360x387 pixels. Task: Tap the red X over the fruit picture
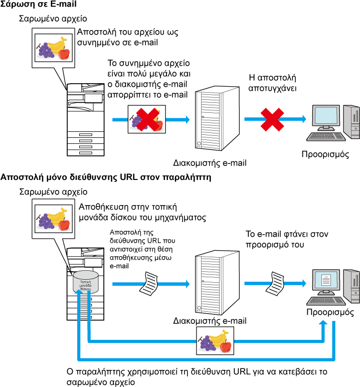[147, 119]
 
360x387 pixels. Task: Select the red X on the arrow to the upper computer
[272, 120]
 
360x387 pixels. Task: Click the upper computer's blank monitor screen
[326, 115]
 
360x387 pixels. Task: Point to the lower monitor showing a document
[326, 280]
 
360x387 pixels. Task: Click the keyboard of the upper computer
[326, 136]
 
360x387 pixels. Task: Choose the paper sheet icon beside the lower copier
[149, 284]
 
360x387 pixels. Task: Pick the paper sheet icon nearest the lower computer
[275, 284]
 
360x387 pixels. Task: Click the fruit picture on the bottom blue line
[215, 341]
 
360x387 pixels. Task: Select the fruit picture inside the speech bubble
[53, 219]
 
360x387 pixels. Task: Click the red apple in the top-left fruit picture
[64, 54]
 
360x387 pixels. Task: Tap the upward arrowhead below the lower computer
[323, 323]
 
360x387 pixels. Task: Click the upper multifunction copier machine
[86, 120]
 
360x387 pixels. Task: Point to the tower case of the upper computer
[351, 121]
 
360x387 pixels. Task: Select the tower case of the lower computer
[351, 286]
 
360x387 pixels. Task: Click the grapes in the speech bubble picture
[46, 221]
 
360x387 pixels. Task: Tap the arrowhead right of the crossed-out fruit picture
[188, 119]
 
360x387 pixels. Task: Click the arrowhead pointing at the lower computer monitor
[304, 283]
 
